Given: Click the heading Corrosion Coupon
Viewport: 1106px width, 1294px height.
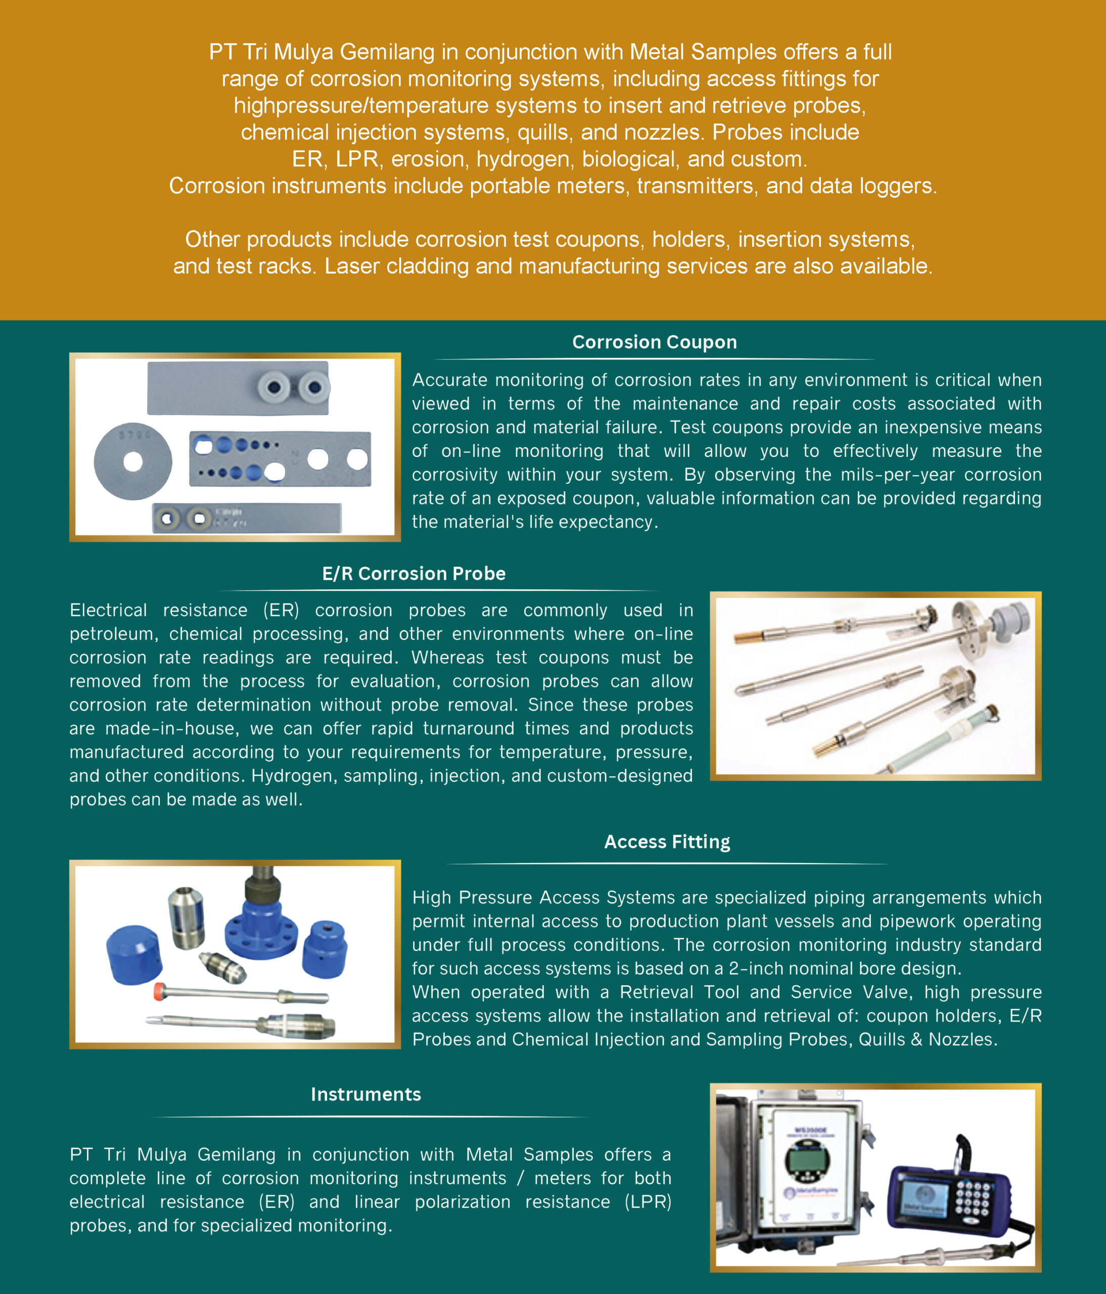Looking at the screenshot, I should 654,342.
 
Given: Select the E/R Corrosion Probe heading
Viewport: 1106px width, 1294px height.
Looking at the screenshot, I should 413,573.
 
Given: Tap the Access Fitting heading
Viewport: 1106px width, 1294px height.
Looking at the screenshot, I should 666,842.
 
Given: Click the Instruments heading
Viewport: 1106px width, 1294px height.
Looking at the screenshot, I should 365,1094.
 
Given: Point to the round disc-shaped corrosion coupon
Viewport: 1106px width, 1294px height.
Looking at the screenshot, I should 132,461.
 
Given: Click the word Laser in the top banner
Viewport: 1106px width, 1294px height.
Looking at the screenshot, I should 351,267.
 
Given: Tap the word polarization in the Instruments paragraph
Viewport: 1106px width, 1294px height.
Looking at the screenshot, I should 462,1202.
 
